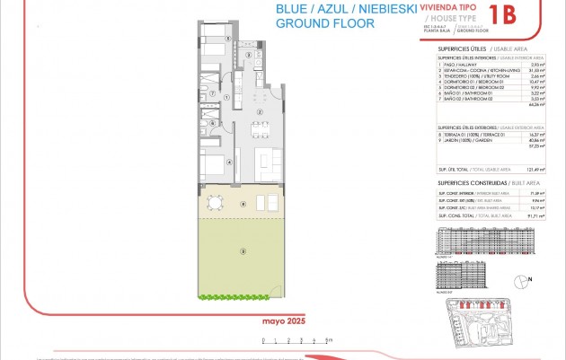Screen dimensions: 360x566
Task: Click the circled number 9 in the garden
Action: (242, 251)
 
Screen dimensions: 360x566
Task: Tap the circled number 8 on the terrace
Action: (243, 205)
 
